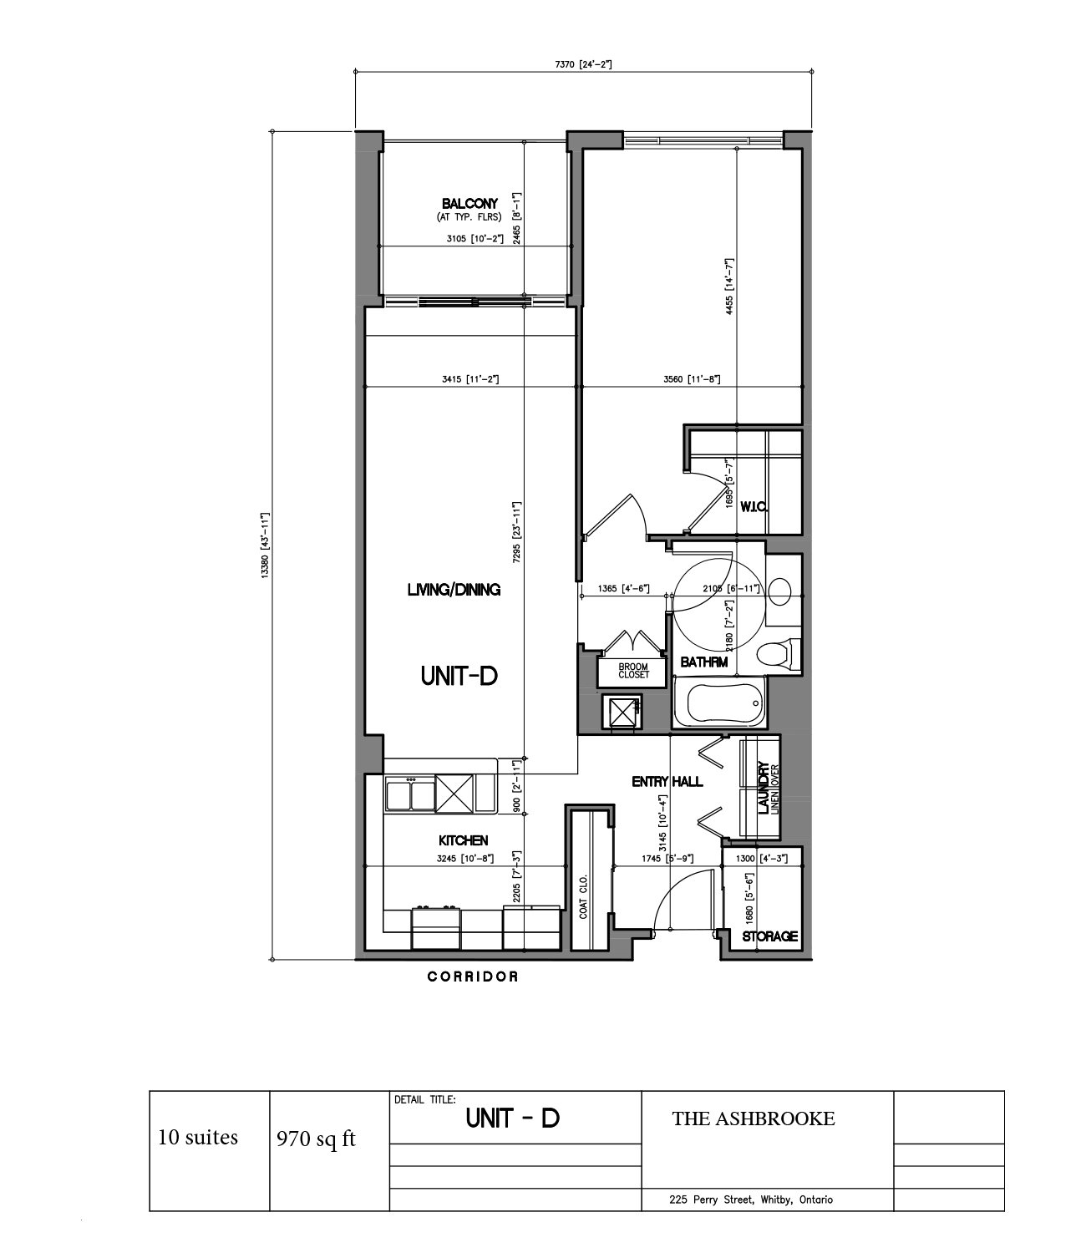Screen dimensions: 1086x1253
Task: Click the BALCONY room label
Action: (469, 204)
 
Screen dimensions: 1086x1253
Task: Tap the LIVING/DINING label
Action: (454, 589)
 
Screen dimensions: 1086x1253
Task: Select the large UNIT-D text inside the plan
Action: (459, 676)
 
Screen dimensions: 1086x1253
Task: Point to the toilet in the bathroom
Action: (779, 654)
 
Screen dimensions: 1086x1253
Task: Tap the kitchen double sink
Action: (410, 795)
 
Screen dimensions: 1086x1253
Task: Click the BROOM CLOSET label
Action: (634, 671)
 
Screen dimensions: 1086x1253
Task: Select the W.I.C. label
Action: (754, 507)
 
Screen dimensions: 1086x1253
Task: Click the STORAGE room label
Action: (769, 936)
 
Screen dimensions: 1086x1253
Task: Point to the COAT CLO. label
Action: (583, 896)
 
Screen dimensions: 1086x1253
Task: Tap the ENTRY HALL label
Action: (667, 782)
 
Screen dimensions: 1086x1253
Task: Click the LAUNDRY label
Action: (764, 788)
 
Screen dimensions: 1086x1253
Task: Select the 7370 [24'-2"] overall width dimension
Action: (583, 64)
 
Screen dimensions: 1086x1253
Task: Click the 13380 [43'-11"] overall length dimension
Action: (264, 545)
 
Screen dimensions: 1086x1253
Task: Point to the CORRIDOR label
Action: (472, 977)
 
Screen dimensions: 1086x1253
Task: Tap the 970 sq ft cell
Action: (316, 1139)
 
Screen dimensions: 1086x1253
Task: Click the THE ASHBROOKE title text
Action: (754, 1119)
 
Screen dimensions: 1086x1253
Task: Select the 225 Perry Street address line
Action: (751, 1199)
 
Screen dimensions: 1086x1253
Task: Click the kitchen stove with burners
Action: (436, 927)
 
